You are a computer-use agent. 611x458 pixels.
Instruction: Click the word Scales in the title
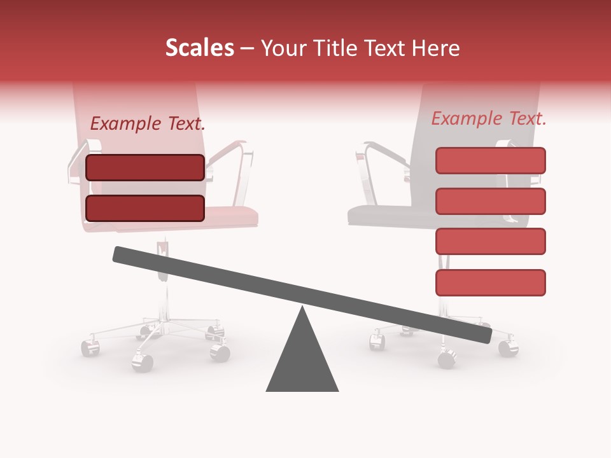pos(199,48)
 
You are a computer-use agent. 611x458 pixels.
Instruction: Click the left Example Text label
pos(148,124)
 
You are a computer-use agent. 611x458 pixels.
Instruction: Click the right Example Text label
pos(489,118)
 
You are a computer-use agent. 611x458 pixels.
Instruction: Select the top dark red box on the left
pos(145,167)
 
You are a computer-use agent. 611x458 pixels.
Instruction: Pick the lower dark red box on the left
pos(145,208)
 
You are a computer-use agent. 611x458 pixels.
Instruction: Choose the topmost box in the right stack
pos(490,160)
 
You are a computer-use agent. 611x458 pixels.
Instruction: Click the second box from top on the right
pos(490,201)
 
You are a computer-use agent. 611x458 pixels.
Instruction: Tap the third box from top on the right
pos(490,241)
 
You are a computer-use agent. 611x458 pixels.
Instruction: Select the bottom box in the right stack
pos(490,282)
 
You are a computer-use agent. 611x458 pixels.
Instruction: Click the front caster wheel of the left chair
pos(143,362)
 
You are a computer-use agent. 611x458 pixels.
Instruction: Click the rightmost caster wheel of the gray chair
pos(507,348)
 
